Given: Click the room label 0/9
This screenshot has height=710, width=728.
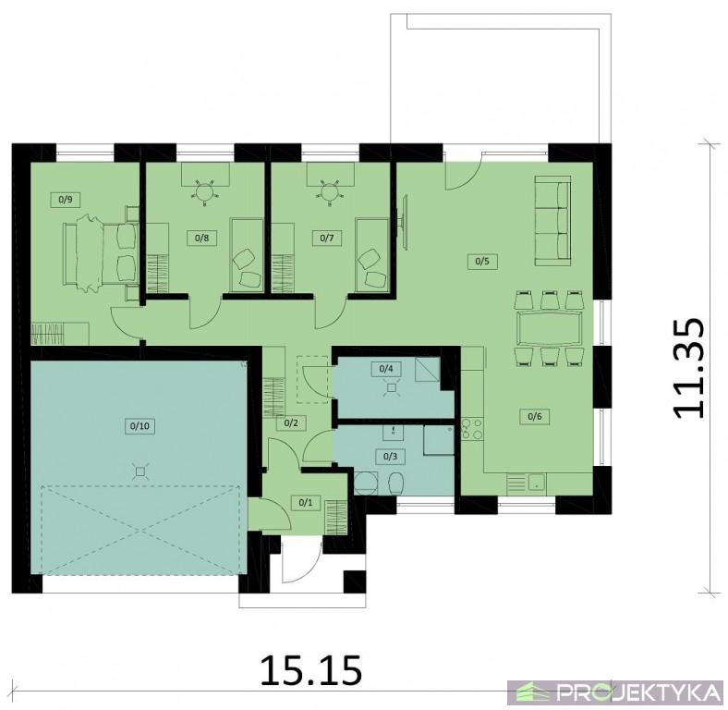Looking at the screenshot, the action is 66,201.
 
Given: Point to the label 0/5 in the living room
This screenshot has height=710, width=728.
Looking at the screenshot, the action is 482,261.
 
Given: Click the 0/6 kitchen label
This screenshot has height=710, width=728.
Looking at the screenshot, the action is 535,416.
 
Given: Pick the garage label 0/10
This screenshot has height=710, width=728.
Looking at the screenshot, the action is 140,425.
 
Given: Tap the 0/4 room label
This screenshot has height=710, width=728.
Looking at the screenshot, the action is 386,369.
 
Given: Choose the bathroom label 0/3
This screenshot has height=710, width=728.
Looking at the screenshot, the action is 391,457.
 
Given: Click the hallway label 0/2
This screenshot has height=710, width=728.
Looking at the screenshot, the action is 291,423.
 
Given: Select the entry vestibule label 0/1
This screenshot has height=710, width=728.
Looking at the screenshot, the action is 306,502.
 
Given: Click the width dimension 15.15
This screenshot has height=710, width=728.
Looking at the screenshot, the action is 310,670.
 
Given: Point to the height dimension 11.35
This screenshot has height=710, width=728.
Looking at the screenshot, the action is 688,368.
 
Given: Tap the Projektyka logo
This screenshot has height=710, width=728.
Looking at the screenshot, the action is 615,692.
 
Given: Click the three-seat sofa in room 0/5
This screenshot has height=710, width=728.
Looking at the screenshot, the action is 552,221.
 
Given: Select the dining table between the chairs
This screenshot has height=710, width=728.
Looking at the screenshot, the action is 549,328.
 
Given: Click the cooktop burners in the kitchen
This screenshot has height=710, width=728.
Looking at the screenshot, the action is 472,429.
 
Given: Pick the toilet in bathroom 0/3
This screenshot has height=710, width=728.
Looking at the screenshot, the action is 396,484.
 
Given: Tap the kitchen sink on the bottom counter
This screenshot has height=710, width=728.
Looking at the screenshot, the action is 537,483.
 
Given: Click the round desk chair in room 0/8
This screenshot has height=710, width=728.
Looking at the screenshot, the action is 204,190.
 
